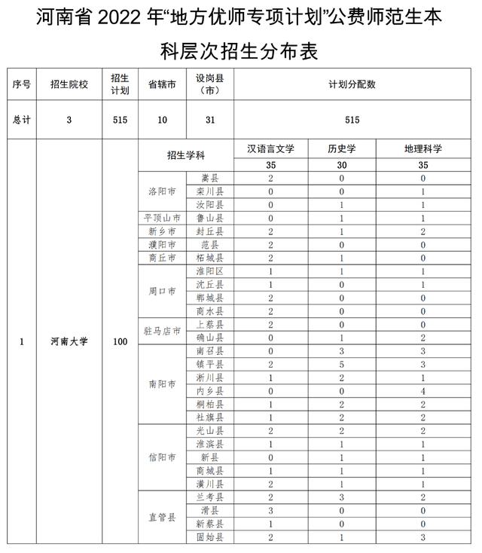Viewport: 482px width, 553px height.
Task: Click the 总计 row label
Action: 22,120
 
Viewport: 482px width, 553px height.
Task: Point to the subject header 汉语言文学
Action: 270,149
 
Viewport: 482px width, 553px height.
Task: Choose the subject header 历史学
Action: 342,149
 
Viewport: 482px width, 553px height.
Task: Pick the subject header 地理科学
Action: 423,149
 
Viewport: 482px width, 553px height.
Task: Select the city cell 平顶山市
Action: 160,218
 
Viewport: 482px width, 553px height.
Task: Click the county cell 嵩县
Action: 209,178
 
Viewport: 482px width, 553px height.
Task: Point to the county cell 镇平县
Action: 209,364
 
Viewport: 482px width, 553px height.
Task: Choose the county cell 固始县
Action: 209,537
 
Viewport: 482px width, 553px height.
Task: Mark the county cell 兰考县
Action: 209,497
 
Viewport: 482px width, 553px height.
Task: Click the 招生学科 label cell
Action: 186,155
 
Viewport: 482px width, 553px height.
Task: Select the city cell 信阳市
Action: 161,457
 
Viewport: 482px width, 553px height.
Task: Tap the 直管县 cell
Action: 161,518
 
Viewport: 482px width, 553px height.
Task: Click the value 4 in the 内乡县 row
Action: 423,391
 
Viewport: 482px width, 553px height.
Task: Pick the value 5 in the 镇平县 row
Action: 342,364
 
